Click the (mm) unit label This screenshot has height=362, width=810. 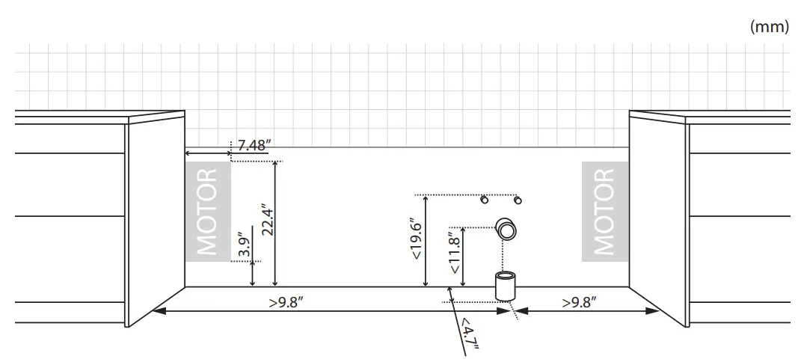[769, 26]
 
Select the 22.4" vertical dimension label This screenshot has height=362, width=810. [267, 219]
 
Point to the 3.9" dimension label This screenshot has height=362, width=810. [245, 246]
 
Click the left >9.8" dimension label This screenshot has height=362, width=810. [286, 302]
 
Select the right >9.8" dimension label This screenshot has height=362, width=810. [579, 302]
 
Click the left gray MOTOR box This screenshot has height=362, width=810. [208, 212]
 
